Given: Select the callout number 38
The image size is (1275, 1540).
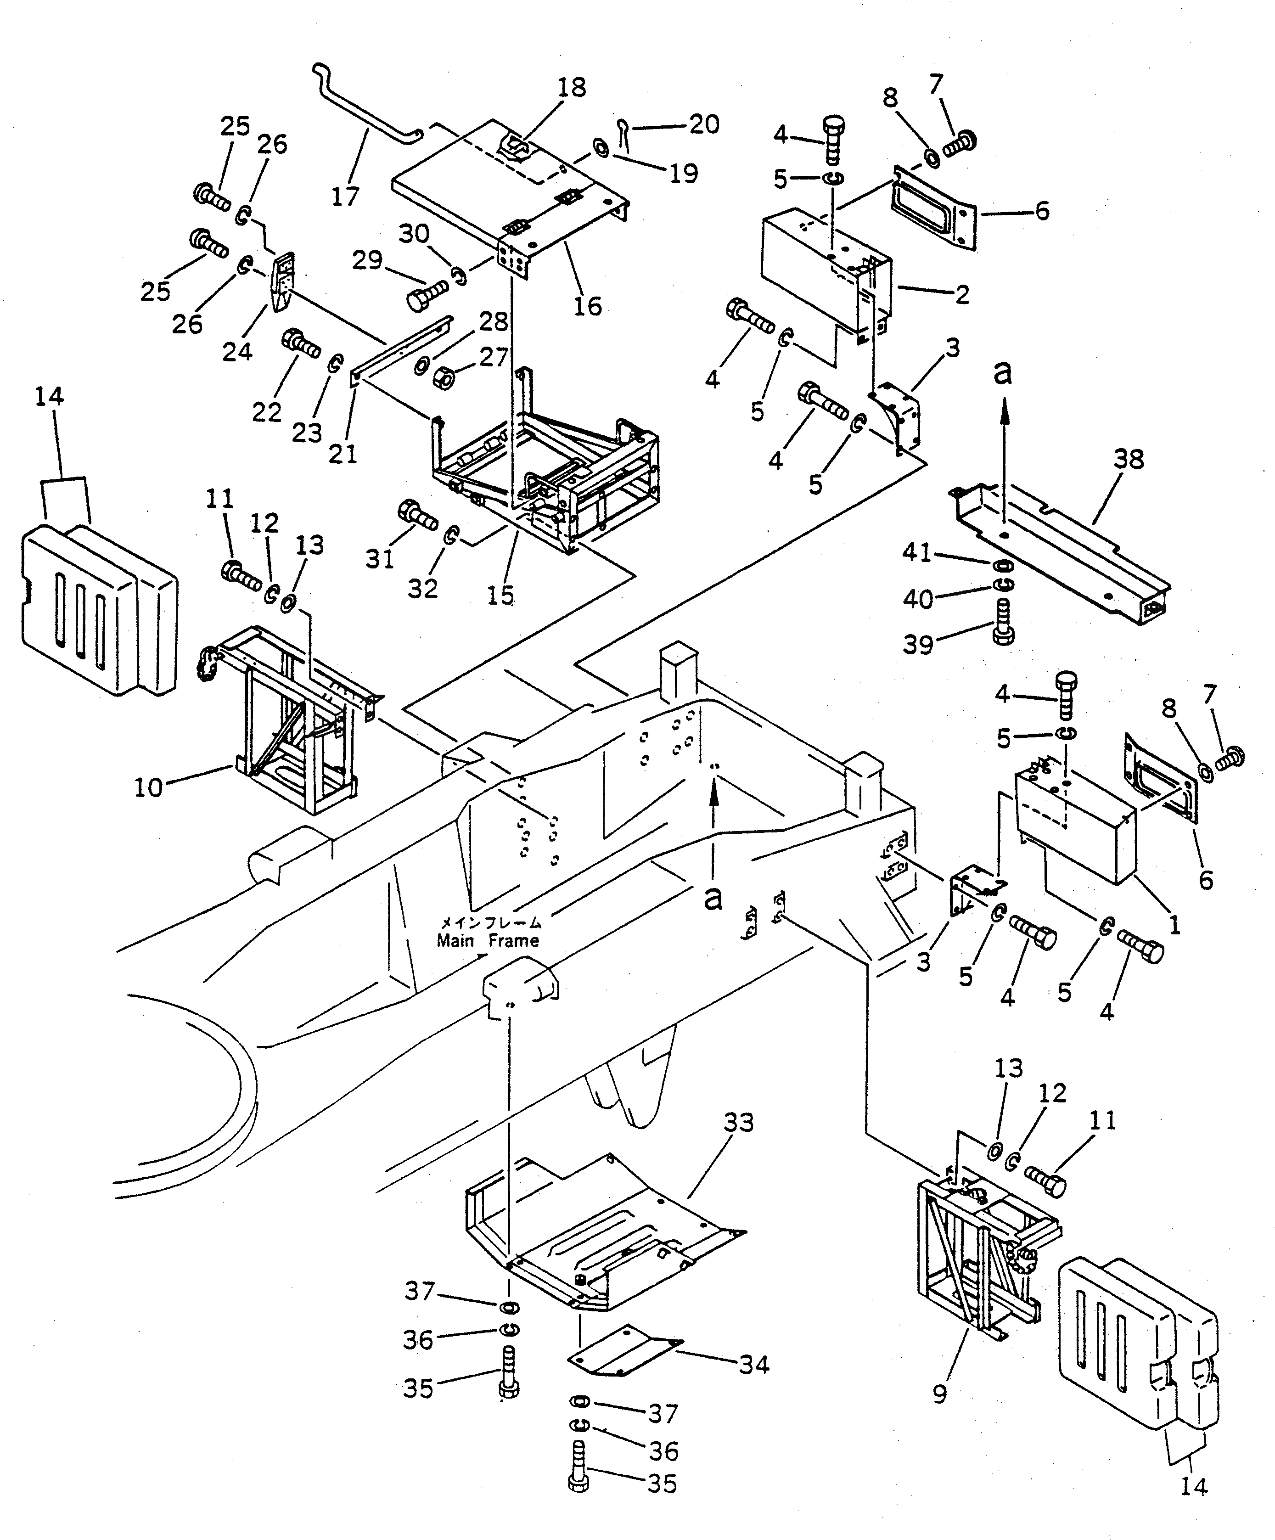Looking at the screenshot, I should pos(1129,460).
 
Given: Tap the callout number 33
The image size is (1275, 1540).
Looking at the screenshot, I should pos(738,1123).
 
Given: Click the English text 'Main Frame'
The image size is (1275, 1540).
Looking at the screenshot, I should pos(488,941).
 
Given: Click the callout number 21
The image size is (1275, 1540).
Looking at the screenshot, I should pos(343,454).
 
